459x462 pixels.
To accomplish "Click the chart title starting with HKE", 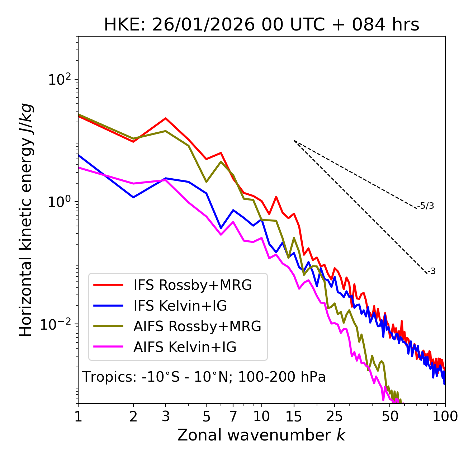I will [x=261, y=25].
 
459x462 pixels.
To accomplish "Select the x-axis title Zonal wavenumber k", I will [x=261, y=435].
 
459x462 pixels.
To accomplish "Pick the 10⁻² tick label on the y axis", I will [x=57, y=324].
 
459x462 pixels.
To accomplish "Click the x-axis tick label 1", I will [x=78, y=416].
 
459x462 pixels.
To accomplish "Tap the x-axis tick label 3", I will [x=166, y=416].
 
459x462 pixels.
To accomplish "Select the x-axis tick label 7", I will [x=233, y=416].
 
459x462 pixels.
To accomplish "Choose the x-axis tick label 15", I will [x=294, y=416].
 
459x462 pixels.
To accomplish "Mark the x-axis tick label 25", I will [x=335, y=416].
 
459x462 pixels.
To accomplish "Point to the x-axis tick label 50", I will [x=390, y=416].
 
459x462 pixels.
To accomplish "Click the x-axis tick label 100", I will [x=445, y=416].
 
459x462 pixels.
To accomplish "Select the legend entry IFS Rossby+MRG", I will [x=193, y=285].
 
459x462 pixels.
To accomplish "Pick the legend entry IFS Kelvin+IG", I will [x=180, y=306].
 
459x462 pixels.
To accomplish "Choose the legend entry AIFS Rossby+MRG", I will [x=197, y=326].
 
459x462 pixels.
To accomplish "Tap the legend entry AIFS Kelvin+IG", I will [x=185, y=347].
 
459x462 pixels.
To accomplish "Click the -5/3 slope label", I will [x=426, y=206].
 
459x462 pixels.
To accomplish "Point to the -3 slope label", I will [x=431, y=272].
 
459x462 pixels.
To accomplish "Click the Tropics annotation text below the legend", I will [x=204, y=377].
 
